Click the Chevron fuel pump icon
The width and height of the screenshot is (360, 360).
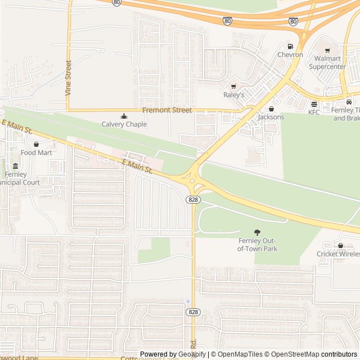[290, 46]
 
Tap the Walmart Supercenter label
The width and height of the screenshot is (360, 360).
[327, 62]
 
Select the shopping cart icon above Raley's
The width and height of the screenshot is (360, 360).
[234, 87]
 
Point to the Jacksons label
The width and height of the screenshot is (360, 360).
[271, 117]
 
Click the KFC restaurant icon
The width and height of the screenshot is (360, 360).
[314, 104]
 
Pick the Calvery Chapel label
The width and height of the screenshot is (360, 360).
[124, 124]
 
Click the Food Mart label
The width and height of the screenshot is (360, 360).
[37, 152]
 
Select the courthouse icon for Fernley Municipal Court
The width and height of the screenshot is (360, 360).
[15, 166]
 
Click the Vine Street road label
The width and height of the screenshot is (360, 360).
[69, 78]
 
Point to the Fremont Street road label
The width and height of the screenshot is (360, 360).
[167, 110]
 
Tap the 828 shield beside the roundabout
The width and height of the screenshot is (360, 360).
[193, 200]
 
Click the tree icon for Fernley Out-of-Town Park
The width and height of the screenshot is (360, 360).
[258, 232]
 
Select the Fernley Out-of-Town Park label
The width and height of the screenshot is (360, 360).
[258, 245]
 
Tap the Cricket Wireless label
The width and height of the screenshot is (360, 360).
[341, 254]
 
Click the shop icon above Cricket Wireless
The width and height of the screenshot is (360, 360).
[340, 245]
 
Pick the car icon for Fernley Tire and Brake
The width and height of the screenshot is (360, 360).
[349, 102]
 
